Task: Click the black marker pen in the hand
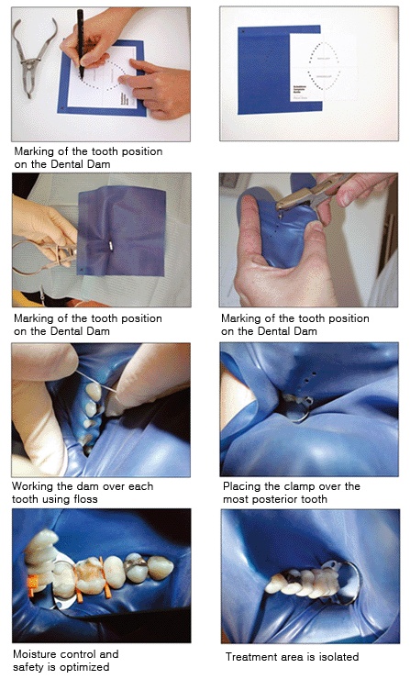[x=80, y=43]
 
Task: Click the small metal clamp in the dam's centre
[x=110, y=246]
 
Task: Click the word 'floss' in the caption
[x=85, y=499]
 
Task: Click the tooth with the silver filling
[x=137, y=567]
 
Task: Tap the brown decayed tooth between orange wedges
[x=90, y=575]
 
